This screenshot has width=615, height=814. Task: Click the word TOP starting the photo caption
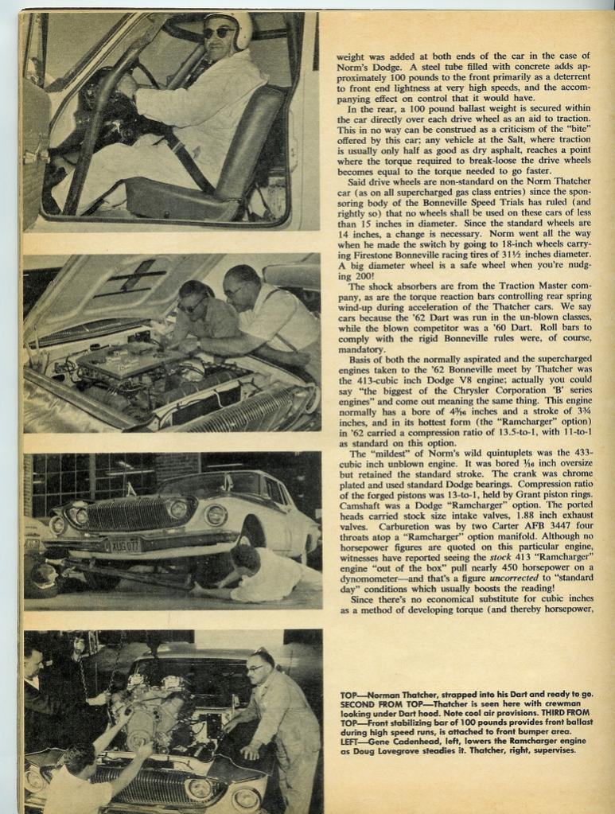(x=349, y=695)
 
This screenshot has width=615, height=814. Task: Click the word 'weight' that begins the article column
(x=351, y=57)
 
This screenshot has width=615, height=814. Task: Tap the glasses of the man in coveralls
(x=255, y=668)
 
